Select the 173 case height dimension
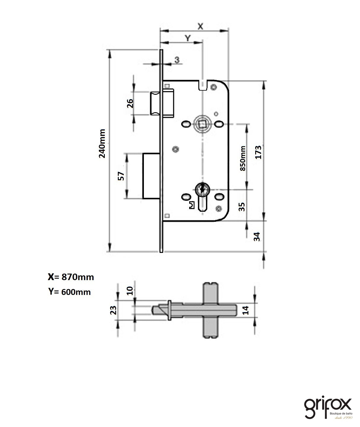point(258,152)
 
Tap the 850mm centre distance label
point(243,158)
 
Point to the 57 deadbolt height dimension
point(121,176)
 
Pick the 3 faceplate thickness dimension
point(177,60)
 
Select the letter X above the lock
point(200,26)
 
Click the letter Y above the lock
point(187,38)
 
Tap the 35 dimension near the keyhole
point(242,206)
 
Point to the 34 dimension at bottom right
point(257,236)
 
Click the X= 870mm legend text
point(71,277)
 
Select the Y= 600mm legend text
point(70,292)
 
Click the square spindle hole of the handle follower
point(202,124)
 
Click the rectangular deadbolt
point(152,176)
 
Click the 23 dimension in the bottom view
point(113,310)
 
